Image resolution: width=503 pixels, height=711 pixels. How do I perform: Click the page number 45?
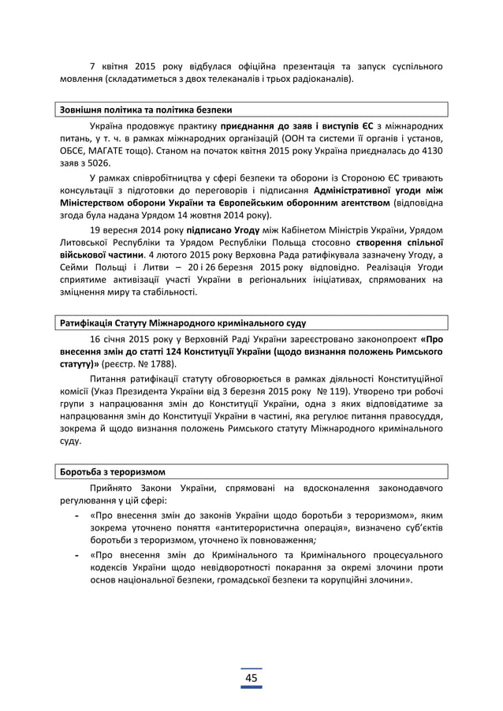[x=251, y=679]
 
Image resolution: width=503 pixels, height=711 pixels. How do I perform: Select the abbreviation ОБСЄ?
[x=72, y=151]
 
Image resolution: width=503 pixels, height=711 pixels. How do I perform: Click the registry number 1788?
[x=166, y=364]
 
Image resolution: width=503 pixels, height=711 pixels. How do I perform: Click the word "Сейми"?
[x=73, y=269]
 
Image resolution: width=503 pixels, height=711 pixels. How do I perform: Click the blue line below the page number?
[x=251, y=689]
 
